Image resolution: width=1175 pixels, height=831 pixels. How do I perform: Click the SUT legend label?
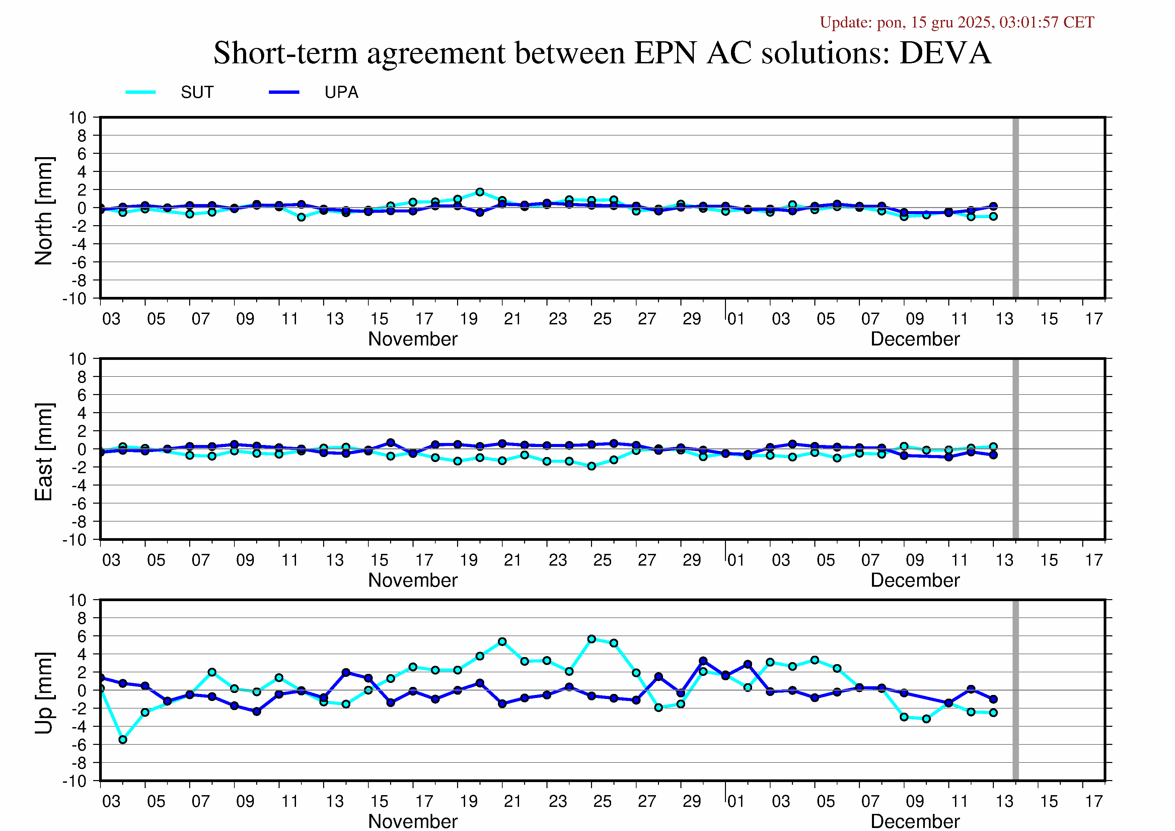pos(197,92)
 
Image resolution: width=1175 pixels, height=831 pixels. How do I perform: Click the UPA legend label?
pos(341,92)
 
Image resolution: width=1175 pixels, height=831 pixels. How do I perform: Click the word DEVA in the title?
pos(945,53)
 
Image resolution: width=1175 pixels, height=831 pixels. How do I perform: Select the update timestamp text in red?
pos(956,22)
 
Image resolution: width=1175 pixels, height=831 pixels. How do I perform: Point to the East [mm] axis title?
pos(44,452)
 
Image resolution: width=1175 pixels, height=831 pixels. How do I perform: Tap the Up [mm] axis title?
pos(44,693)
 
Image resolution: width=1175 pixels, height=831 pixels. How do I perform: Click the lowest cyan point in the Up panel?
pos(123,739)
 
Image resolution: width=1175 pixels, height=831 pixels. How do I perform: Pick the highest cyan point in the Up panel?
pos(592,639)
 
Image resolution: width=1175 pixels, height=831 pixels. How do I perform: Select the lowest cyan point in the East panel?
pos(592,466)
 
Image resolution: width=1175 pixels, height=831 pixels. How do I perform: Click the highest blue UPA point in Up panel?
pos(703,661)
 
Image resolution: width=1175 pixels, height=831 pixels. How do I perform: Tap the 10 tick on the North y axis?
pos(78,118)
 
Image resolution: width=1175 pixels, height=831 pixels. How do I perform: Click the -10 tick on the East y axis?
pos(75,540)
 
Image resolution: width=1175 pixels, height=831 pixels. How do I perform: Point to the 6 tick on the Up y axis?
pos(82,636)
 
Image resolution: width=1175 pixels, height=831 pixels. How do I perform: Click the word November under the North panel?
pos(413,339)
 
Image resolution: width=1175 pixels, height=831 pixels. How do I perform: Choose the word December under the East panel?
pos(915,580)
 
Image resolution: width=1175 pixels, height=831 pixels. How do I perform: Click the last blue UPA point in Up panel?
pos(993,699)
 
